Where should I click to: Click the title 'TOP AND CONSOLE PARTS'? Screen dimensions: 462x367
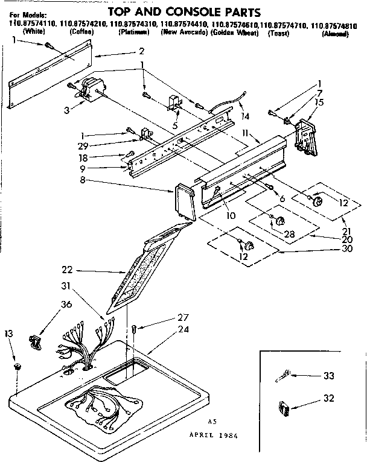pos(184,11)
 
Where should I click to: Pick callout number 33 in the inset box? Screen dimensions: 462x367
pos(328,376)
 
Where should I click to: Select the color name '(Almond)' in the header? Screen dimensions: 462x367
pos(336,33)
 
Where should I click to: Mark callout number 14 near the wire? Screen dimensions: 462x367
pos(244,116)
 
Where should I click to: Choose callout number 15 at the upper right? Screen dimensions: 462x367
pos(319,103)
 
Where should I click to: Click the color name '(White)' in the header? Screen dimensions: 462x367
pos(32,33)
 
